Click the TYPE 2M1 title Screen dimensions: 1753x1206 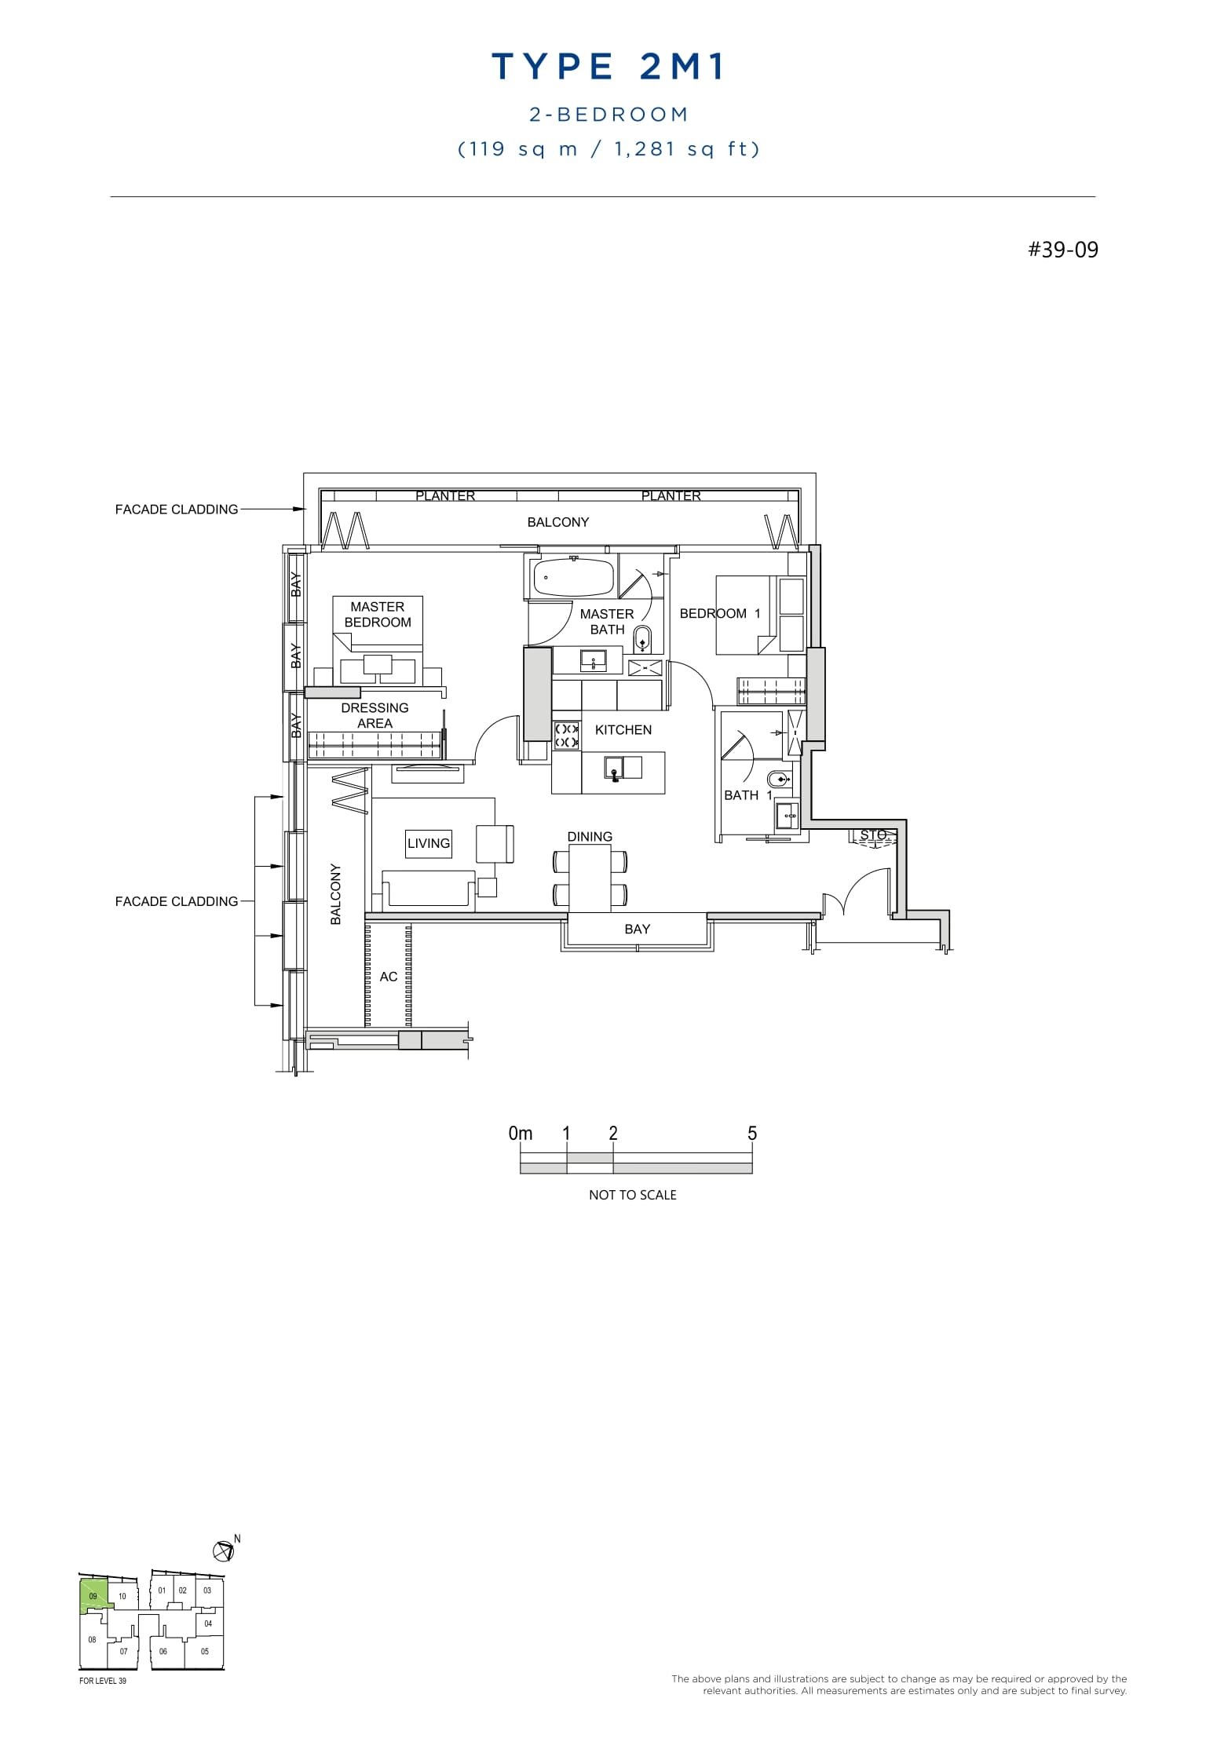click(608, 67)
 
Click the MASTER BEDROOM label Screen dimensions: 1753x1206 click(378, 614)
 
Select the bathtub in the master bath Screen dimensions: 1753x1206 click(573, 578)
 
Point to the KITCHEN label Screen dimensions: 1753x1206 click(623, 729)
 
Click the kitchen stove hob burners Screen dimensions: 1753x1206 click(567, 735)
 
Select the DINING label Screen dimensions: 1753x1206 click(590, 836)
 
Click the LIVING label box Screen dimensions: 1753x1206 click(429, 843)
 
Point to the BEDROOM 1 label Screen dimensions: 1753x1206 click(719, 613)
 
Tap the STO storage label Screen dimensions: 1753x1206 click(872, 835)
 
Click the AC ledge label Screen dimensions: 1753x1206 click(389, 977)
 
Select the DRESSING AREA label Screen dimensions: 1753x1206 click(375, 715)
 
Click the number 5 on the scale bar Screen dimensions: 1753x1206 click(751, 1133)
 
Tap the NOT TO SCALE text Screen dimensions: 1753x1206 click(632, 1195)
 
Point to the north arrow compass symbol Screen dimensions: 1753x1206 click(224, 1550)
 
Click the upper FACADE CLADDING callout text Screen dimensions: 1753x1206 click(177, 509)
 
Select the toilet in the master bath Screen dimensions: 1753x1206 click(642, 639)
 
